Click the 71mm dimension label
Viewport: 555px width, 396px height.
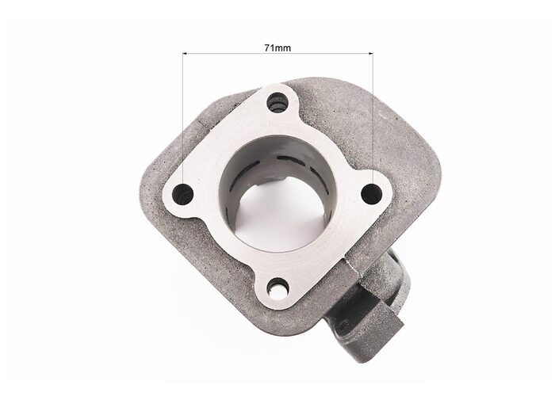tap(277, 48)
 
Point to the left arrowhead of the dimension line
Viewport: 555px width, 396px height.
tap(185, 54)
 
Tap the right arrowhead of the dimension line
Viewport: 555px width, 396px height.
tap(370, 54)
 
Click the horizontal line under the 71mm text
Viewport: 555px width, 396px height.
tap(277, 54)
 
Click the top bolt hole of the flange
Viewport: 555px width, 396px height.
tap(277, 102)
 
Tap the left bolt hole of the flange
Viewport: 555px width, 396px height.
tap(182, 194)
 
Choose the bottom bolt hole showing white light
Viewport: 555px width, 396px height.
tap(277, 288)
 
